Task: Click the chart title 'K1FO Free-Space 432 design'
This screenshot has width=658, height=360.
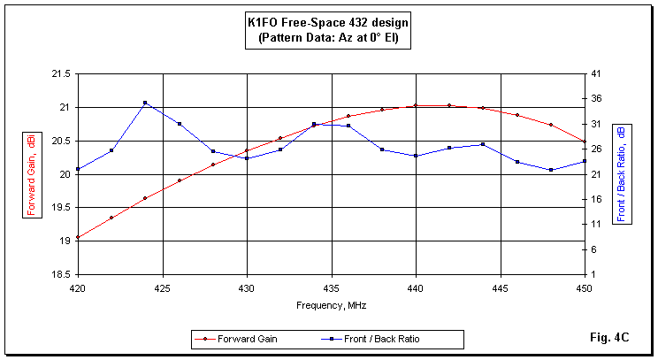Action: click(x=328, y=23)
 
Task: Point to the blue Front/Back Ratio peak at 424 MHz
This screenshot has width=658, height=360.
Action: click(x=145, y=103)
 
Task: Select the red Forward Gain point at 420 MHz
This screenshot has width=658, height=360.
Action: click(x=78, y=237)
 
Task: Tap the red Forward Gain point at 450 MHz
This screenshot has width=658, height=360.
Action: click(x=585, y=142)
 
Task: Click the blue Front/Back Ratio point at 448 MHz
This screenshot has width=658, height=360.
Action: click(x=551, y=170)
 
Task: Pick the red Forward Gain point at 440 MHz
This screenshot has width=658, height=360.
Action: click(x=416, y=106)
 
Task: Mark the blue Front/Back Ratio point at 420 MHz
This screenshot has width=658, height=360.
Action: click(x=78, y=169)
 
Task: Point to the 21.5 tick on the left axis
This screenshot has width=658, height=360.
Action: click(x=60, y=74)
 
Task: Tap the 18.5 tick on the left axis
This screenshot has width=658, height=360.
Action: click(x=60, y=274)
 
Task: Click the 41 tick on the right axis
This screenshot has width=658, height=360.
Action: click(x=598, y=74)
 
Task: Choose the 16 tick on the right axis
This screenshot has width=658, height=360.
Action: click(x=598, y=199)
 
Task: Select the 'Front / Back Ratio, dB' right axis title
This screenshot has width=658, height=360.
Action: click(x=622, y=174)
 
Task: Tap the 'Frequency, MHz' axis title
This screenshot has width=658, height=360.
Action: click(x=331, y=304)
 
